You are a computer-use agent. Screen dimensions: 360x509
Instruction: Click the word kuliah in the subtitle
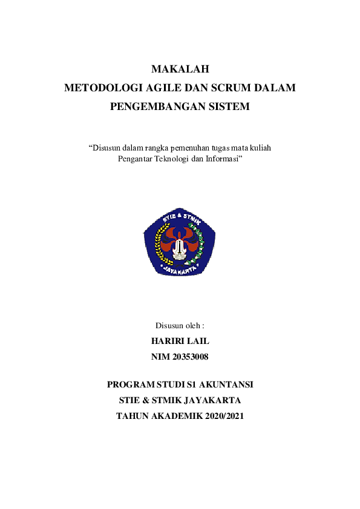click(258, 148)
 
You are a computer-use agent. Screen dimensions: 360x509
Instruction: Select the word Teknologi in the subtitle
click(172, 158)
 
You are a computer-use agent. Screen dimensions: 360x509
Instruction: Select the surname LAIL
click(197, 342)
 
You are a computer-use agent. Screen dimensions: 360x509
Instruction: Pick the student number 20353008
click(189, 357)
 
